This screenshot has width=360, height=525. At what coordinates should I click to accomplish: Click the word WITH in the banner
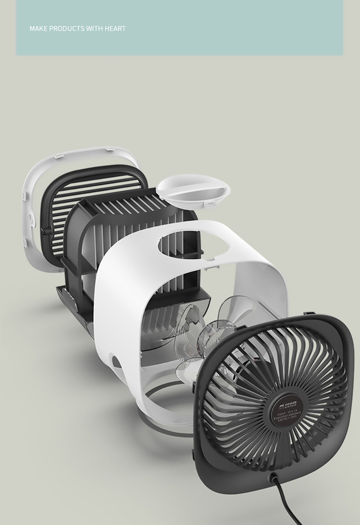tap(95, 28)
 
